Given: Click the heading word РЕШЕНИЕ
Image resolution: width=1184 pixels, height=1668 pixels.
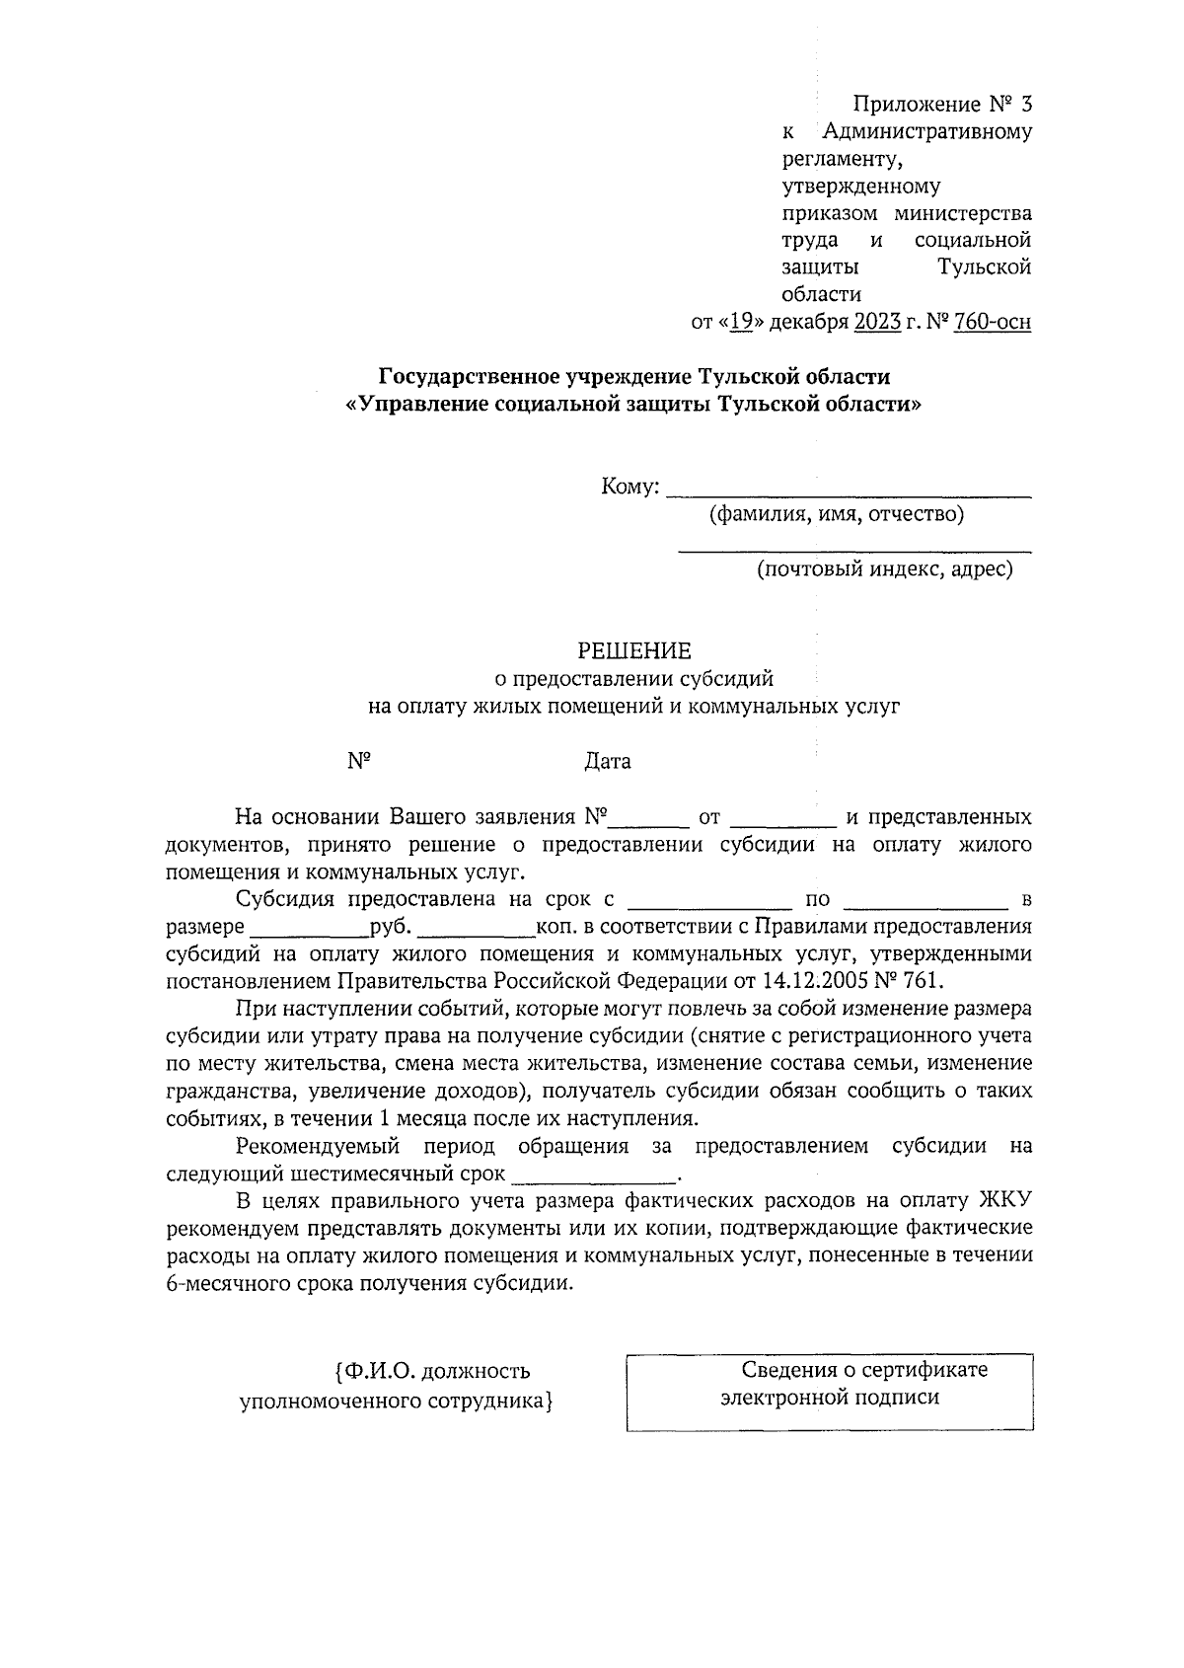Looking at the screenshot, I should coord(634,650).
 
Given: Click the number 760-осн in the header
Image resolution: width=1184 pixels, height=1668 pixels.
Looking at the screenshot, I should coord(993,322).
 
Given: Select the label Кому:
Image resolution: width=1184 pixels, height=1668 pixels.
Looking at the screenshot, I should coord(629,487).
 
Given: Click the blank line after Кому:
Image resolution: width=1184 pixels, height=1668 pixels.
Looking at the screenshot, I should coord(849,491).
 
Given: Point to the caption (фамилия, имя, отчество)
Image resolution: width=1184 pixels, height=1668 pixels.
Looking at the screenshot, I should coord(837,514).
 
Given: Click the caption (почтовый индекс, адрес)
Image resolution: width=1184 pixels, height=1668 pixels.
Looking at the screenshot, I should coord(884,569).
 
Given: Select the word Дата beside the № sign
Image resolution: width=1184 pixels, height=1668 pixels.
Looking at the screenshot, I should coord(608,761).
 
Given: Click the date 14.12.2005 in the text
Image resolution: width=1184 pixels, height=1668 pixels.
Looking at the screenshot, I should coord(815,981).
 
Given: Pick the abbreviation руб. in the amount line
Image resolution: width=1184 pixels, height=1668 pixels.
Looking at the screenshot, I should coord(394,927).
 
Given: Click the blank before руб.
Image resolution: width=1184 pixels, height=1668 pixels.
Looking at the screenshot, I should coord(309,933).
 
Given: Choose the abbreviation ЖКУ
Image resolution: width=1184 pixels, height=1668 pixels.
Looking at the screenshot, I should coord(1004,1201).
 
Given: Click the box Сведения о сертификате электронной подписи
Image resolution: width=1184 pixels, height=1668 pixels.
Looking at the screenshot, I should coord(830,1391).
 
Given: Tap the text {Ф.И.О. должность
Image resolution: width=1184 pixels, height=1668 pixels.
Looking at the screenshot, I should coord(433,1371).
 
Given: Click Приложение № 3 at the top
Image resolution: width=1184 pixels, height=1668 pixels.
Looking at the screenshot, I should coord(942,104).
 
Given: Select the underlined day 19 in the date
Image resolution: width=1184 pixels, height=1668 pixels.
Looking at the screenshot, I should coord(741,322).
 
